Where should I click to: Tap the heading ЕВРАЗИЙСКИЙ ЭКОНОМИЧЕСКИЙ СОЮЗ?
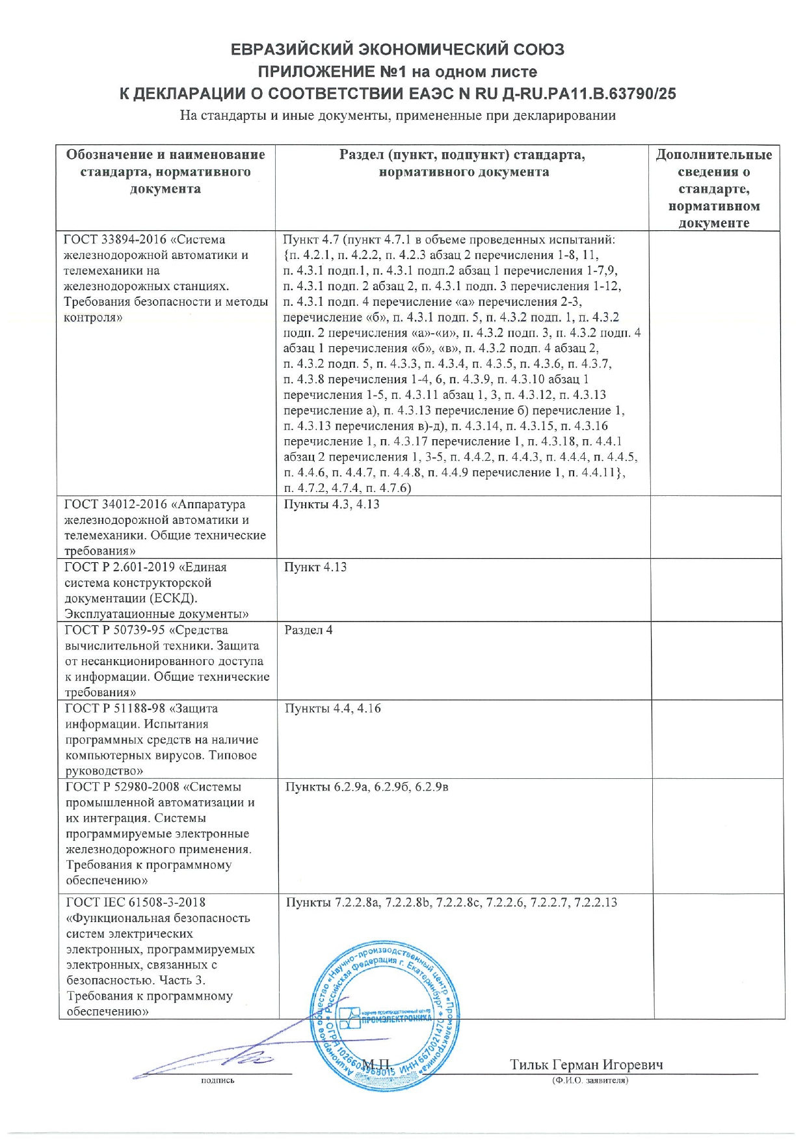coord(397,49)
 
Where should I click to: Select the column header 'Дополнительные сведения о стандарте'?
coord(713,188)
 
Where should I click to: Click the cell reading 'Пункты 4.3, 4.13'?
coord(332,504)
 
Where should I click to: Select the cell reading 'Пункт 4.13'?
coord(315,567)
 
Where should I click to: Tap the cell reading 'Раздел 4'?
coord(308,630)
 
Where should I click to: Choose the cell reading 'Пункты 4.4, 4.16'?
coord(332,708)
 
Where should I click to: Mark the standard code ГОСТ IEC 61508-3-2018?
coord(136,903)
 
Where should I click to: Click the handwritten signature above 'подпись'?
coord(215,1060)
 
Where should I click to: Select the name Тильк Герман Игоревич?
coord(586,1065)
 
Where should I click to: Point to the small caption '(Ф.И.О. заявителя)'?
coord(589,1080)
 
